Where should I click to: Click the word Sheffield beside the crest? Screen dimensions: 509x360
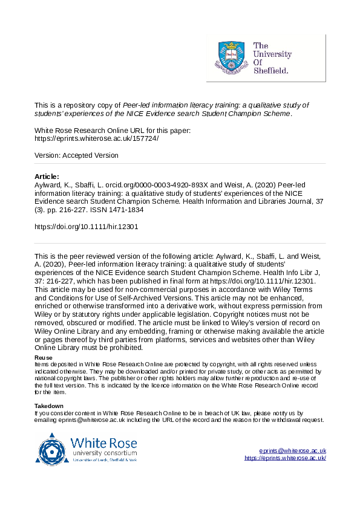tap(271, 71)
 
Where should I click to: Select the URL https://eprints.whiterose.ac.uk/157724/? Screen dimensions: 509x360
tap(97, 138)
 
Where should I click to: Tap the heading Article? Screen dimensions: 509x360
tap(47, 177)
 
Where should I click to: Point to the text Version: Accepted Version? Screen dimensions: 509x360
tap(77, 155)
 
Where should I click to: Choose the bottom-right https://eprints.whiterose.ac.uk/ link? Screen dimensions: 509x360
tap(285, 458)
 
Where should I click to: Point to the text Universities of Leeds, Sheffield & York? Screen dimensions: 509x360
tap(105, 461)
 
